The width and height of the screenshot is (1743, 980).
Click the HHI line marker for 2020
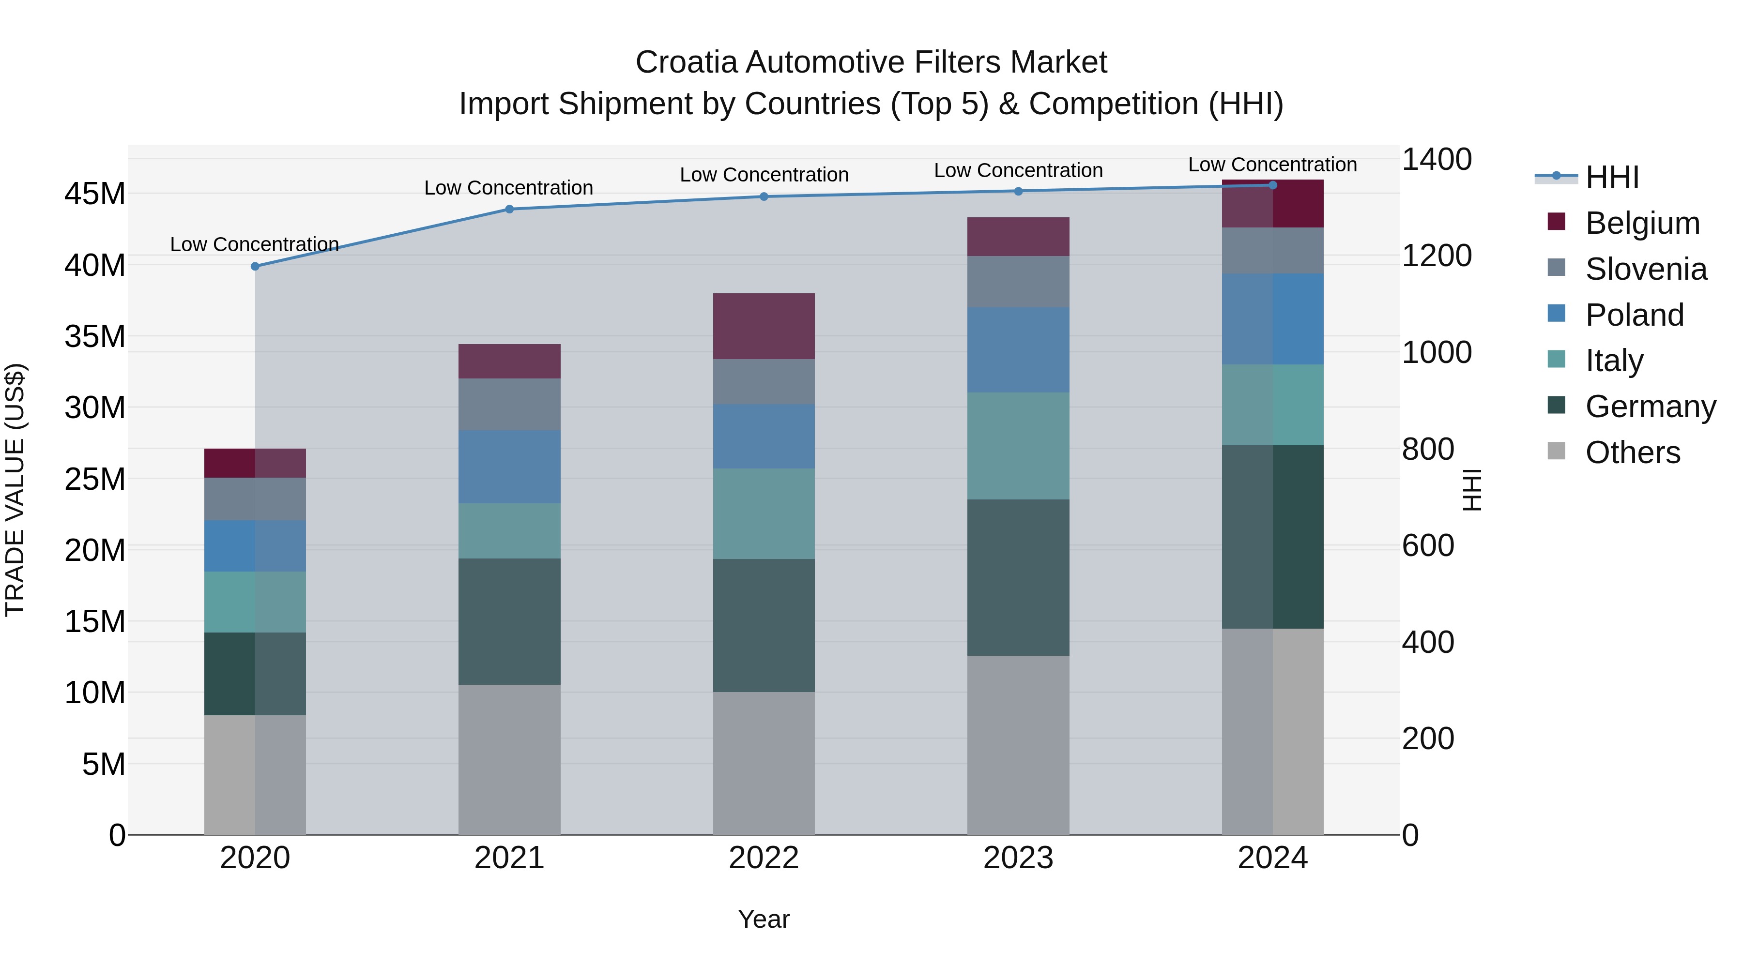[x=255, y=267]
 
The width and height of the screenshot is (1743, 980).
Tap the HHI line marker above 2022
[x=764, y=197]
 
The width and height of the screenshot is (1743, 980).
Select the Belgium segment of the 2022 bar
[x=764, y=326]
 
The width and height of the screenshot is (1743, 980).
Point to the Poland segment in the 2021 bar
[x=509, y=467]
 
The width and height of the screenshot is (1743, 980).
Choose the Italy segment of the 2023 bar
[x=1018, y=446]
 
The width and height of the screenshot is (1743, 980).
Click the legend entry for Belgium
[x=1642, y=223]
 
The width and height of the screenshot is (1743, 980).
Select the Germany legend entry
[x=1651, y=407]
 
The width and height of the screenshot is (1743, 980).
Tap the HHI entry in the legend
[x=1612, y=177]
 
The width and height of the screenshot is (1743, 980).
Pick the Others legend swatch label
[x=1632, y=452]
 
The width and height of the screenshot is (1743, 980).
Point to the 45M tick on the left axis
[x=95, y=194]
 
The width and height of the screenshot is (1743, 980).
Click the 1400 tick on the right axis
[x=1436, y=160]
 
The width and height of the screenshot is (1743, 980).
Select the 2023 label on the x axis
[x=1018, y=858]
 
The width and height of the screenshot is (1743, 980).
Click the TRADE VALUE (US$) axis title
[x=15, y=490]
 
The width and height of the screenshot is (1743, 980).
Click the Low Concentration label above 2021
[x=509, y=188]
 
